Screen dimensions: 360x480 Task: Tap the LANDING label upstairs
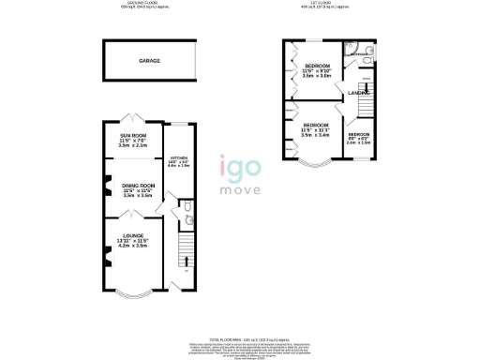pos(358,91)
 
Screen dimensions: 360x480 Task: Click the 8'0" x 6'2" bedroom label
pos(358,139)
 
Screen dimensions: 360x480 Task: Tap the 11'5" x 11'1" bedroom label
pos(315,129)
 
